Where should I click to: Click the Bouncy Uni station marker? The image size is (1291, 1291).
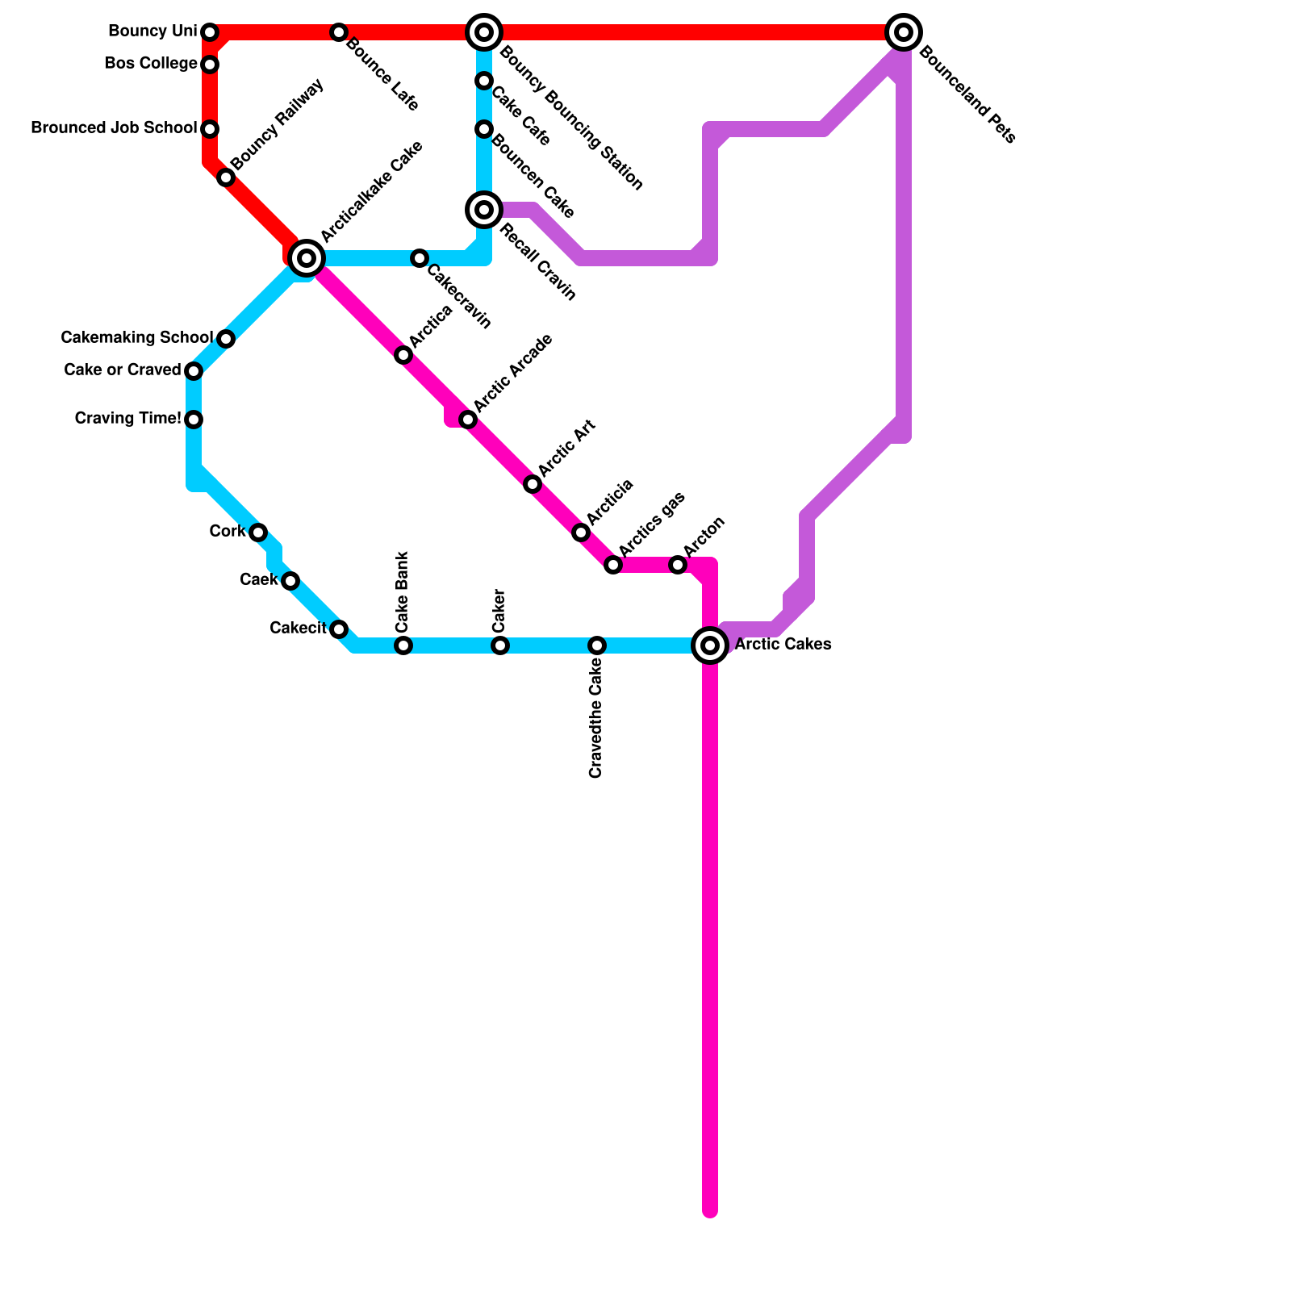point(210,32)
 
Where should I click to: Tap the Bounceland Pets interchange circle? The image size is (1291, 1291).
point(904,32)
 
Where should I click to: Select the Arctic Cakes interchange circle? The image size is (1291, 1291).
point(710,645)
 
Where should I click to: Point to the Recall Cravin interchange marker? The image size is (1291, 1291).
point(484,210)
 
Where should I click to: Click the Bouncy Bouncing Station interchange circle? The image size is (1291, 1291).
point(484,32)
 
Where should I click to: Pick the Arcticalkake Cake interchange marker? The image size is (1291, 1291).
point(307,258)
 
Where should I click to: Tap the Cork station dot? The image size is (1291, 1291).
point(258,533)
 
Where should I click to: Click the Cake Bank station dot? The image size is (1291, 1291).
point(403,645)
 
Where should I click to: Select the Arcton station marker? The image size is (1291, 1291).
point(678,565)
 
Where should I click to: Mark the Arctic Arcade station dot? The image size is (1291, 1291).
point(468,420)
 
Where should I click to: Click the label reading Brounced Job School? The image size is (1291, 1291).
point(114,128)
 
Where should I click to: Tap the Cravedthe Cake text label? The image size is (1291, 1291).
point(596,718)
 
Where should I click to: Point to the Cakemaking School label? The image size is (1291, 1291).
point(136,337)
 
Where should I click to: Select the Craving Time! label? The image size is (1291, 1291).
point(127,418)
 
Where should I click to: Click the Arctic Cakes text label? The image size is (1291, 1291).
point(783,645)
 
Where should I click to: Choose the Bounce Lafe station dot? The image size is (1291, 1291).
point(339,32)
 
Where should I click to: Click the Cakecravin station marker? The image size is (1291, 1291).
point(420,258)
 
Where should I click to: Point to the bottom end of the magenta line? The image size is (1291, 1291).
point(710,1210)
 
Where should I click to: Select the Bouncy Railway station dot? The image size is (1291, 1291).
point(226,178)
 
